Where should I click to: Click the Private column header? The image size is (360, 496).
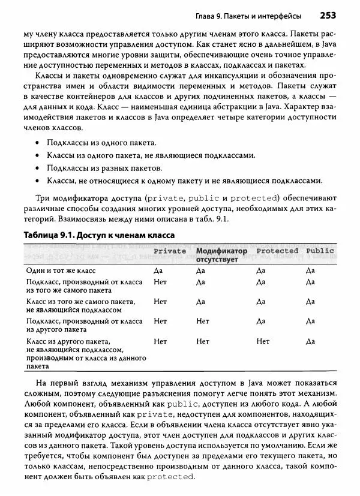coord(170,251)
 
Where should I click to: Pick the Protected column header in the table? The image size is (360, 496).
coord(277,251)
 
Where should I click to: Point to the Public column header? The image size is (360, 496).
coord(320,251)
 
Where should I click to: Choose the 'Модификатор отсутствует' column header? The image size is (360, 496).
coord(221,255)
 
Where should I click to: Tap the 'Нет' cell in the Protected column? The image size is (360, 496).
coord(263,341)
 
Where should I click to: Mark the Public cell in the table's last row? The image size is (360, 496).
coord(310,341)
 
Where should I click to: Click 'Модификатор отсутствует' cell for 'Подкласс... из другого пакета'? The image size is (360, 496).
coord(203,321)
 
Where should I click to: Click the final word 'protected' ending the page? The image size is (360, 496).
coord(170,477)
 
